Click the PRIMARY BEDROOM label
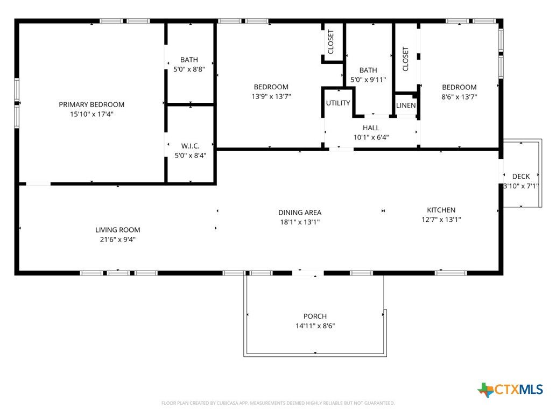point(92,104)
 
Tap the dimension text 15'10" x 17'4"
point(92,114)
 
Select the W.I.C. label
point(190,146)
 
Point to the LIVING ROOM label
point(118,230)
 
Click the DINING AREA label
point(300,212)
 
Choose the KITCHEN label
point(441,210)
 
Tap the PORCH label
point(315,316)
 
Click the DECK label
point(521,177)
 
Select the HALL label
point(371,128)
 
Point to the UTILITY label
point(338,103)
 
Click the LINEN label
point(406,105)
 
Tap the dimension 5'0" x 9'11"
point(368,80)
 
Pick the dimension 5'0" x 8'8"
point(189,69)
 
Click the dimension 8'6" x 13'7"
point(459,97)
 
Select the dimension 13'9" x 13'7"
point(271,96)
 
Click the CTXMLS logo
point(510,390)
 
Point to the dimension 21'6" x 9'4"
point(118,239)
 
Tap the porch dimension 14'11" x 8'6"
point(315,326)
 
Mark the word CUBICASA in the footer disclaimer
point(228,403)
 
